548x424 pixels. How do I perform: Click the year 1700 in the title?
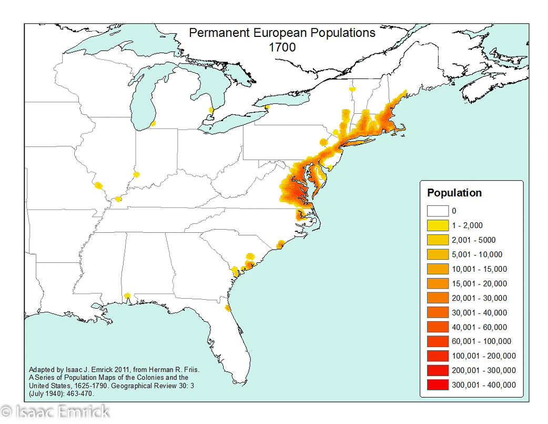[282, 47]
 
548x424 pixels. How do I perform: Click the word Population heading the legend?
[454, 193]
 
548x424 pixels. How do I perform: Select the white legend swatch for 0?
[438, 211]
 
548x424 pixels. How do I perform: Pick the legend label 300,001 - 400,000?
[483, 385]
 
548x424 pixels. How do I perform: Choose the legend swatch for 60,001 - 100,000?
[438, 341]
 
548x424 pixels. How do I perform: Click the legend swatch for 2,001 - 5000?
[438, 240]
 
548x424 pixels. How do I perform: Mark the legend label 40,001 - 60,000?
[479, 327]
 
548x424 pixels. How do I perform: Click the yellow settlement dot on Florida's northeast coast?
[227, 308]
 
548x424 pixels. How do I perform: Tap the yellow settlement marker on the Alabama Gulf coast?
[127, 298]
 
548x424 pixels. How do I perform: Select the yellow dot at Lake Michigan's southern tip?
[153, 123]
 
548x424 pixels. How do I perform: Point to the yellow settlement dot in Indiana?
[137, 174]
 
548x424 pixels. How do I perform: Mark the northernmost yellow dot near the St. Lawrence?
[351, 90]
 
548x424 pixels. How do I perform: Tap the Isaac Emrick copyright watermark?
[55, 411]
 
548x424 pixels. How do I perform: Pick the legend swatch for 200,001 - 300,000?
[438, 370]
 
